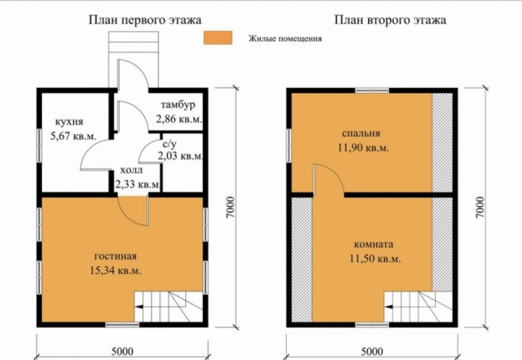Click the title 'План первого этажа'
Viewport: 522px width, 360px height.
[145, 20]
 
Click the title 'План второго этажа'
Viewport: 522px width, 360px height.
[390, 20]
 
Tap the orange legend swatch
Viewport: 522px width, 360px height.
[218, 38]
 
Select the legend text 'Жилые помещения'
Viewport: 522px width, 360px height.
[285, 38]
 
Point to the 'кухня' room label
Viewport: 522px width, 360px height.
[69, 122]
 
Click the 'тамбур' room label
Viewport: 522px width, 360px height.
[178, 105]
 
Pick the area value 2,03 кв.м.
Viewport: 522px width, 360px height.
[180, 156]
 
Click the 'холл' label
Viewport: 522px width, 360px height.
[131, 170]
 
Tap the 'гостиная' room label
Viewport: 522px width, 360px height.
[115, 256]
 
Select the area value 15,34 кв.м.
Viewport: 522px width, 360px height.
[115, 270]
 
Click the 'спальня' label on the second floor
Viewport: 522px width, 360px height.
[361, 134]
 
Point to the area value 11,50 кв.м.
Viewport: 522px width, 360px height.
[375, 258]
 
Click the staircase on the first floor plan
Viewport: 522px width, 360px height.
[168, 307]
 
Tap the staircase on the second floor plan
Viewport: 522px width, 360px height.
[418, 307]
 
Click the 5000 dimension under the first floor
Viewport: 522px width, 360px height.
[122, 352]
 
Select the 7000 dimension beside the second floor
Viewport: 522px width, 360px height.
[480, 207]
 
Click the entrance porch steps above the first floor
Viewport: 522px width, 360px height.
[134, 42]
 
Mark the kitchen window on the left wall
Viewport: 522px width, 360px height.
[39, 145]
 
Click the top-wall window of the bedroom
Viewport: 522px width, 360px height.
[372, 90]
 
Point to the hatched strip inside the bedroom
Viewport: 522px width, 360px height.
[442, 143]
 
